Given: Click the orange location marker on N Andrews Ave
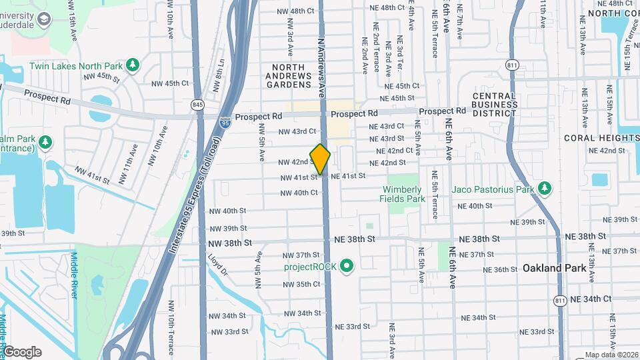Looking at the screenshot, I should pos(321,159).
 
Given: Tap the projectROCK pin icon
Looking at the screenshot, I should pos(346,267).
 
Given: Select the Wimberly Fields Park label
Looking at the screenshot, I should pos(402,194).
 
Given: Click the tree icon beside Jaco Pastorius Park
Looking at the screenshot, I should pos(545,189).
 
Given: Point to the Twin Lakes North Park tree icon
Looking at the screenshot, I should pos(133,64).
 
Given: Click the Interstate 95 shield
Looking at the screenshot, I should pos(226,123).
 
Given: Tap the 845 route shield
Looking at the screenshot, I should pos(197,105).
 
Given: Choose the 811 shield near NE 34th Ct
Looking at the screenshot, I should pos(560,301).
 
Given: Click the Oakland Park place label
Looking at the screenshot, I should pos(555,268).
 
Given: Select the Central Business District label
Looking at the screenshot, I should pos(495,105).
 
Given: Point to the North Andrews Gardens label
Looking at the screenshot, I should pos(289,76).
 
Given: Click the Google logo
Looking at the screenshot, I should pos(22,352).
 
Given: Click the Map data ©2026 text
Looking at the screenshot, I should pos(611,355).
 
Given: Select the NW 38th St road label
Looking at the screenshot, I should pos(229,243).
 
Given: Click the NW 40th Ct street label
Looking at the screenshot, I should pos(299,193).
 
